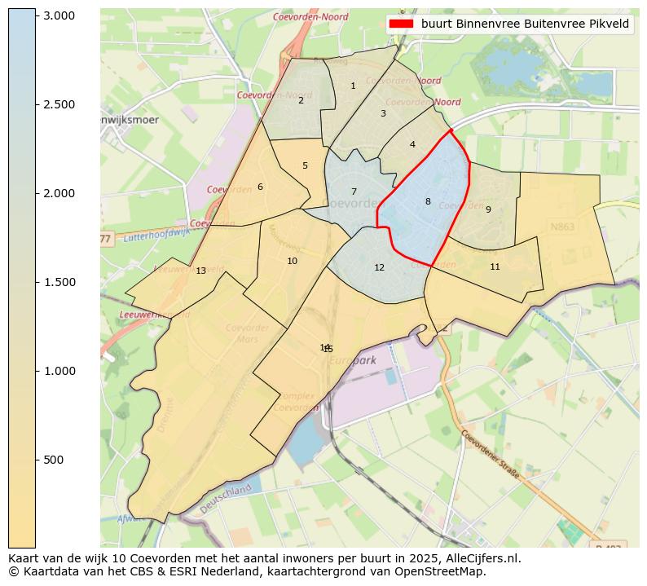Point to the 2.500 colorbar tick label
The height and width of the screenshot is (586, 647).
[59, 105]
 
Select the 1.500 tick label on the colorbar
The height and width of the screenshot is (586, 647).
[59, 283]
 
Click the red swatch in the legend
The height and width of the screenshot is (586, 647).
[401, 24]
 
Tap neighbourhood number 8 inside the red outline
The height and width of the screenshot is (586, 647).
[428, 201]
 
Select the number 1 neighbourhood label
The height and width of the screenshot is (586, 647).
[353, 86]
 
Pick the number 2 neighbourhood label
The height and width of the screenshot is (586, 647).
[301, 100]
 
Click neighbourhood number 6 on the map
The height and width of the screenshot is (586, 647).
[260, 187]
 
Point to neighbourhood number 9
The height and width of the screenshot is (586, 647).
[488, 209]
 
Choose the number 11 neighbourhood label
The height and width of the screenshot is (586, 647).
[495, 267]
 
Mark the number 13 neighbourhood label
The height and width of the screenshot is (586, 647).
[200, 271]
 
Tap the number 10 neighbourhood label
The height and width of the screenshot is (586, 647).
[292, 261]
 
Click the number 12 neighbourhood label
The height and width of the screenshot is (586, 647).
[379, 267]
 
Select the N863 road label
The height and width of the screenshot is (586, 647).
[562, 227]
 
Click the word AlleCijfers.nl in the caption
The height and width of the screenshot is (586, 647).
[482, 558]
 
